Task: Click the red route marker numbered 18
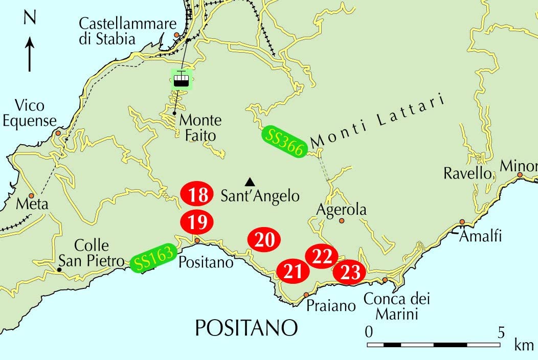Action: tap(197, 194)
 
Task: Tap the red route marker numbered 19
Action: tap(197, 222)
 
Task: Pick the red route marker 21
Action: tap(293, 271)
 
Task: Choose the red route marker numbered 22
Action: tap(322, 256)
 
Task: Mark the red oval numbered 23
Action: tap(350, 272)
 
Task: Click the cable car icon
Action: tap(181, 80)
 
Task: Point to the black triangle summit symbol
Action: tap(250, 182)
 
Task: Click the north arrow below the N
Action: tap(30, 53)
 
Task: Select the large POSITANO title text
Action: tap(246, 328)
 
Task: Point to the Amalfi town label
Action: tap(480, 237)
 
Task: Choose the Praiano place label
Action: tap(331, 306)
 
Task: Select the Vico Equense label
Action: tap(35, 114)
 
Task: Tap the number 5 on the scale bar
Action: tap(500, 331)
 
